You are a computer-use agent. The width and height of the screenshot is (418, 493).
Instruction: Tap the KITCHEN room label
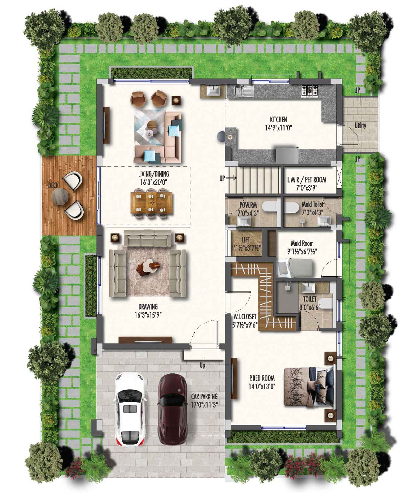click(278, 119)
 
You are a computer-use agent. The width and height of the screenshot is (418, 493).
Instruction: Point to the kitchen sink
click(244, 90)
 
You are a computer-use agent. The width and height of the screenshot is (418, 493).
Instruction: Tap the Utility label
click(360, 125)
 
